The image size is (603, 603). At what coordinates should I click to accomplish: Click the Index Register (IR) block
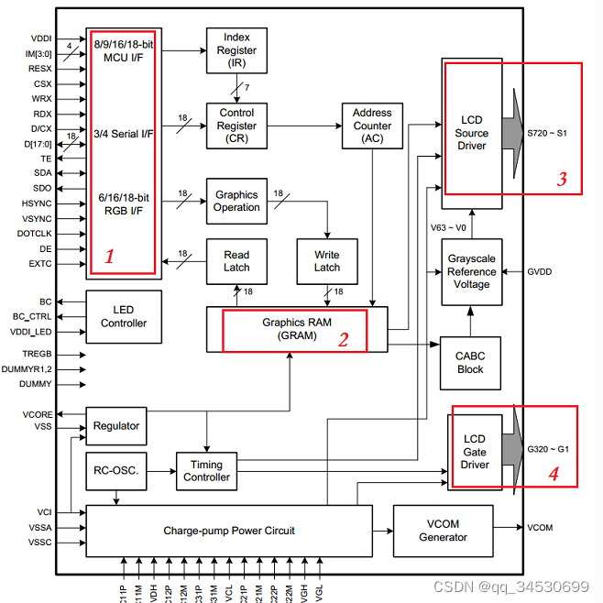tap(236, 50)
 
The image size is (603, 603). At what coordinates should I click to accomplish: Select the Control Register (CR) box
tap(236, 126)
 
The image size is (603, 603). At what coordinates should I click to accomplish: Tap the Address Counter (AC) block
tap(372, 126)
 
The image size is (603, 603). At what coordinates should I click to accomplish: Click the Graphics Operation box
tap(236, 201)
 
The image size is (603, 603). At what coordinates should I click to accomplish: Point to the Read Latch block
tap(236, 261)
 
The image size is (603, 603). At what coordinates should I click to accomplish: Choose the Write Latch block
tap(326, 261)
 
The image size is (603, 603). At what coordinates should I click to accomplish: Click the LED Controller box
tap(123, 316)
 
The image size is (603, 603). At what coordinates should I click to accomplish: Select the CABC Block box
tap(471, 362)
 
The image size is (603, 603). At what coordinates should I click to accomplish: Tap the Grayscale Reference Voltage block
tap(471, 271)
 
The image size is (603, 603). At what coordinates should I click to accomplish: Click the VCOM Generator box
tap(443, 530)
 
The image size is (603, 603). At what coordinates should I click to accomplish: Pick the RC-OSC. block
tap(115, 471)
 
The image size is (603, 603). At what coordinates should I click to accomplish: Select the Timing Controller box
tap(206, 471)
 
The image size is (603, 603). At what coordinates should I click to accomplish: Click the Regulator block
tap(116, 426)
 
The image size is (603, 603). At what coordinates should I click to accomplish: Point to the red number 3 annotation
tap(562, 180)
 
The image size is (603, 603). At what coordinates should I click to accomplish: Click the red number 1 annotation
tap(110, 257)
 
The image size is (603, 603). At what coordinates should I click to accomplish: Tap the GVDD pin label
tap(540, 272)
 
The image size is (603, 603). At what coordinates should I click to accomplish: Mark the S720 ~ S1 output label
tap(547, 133)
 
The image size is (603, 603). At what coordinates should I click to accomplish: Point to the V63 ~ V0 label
tap(448, 227)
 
